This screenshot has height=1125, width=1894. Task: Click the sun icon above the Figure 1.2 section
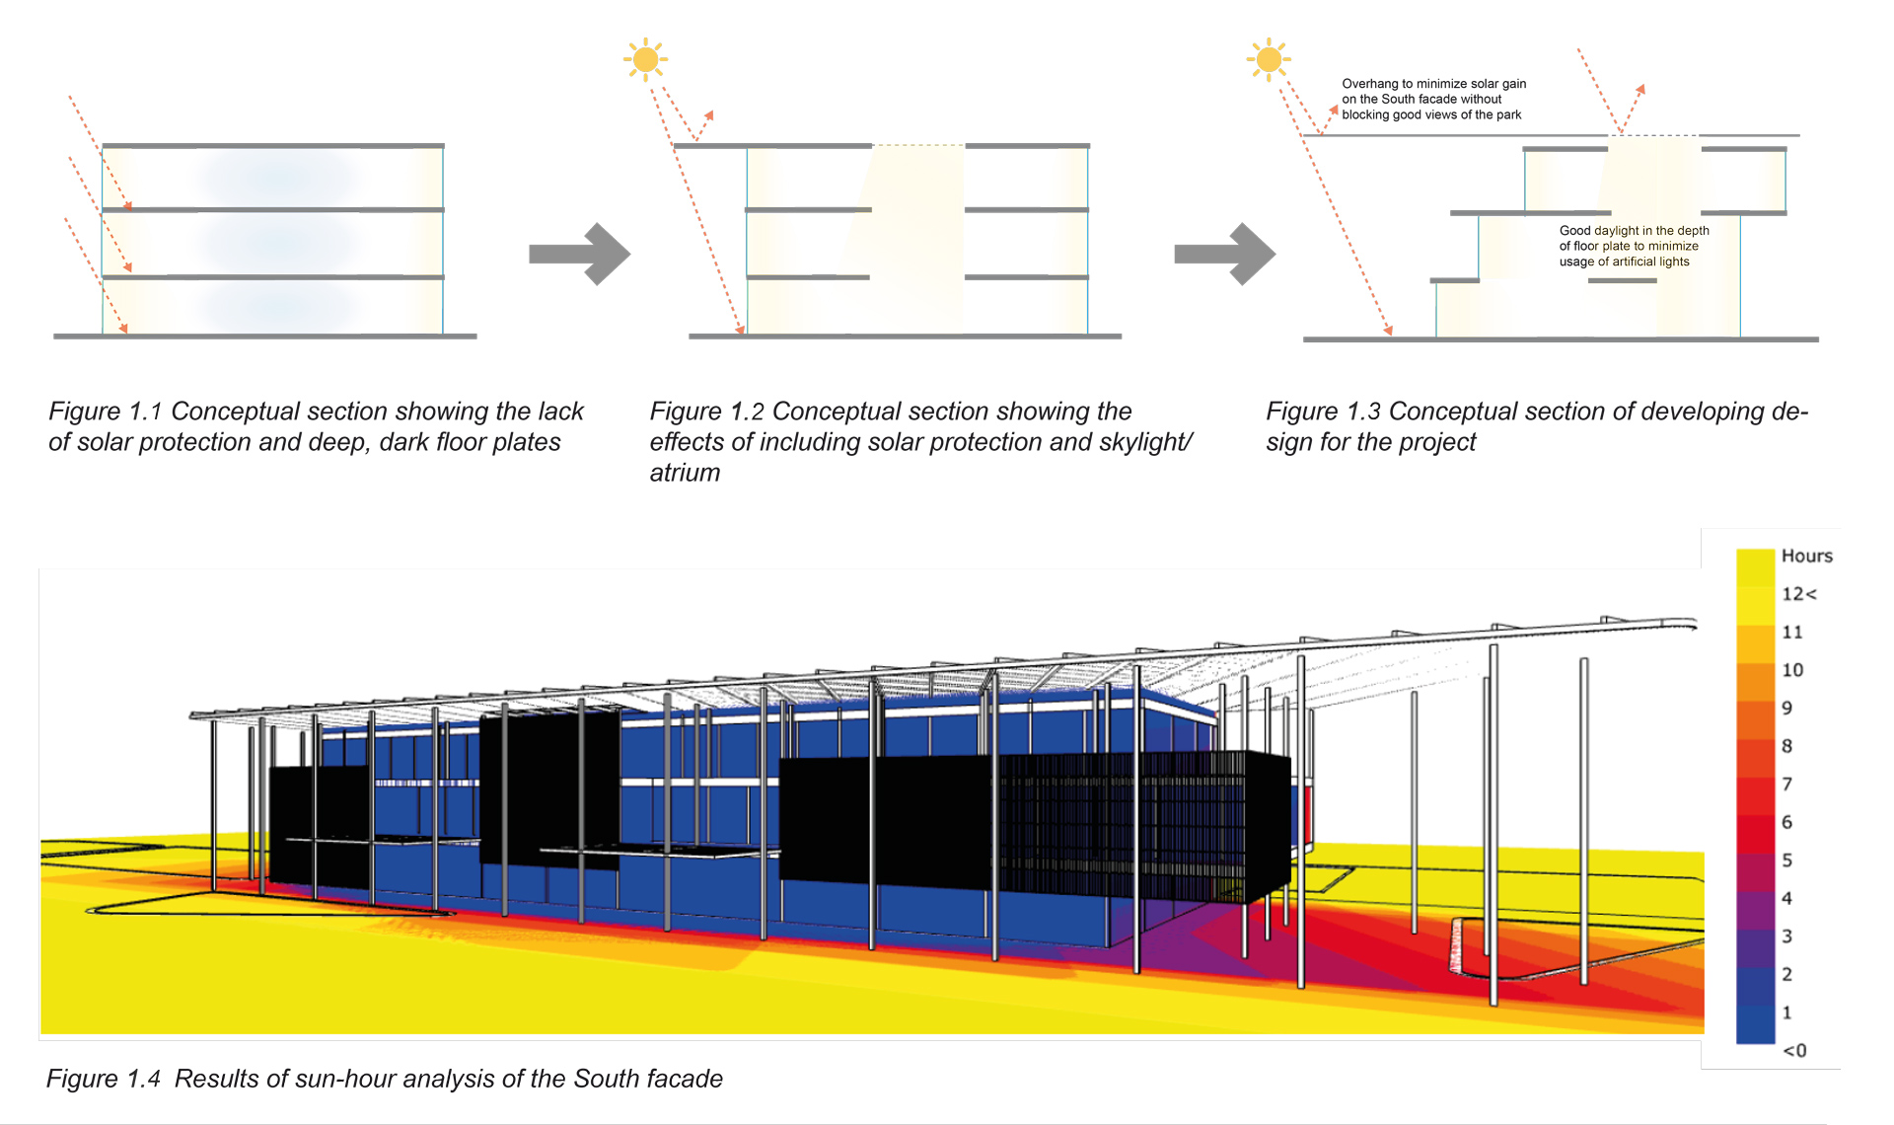(x=645, y=59)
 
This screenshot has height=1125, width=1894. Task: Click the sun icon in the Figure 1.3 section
(x=1269, y=59)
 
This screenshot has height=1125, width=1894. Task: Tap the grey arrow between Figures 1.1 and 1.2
(x=580, y=254)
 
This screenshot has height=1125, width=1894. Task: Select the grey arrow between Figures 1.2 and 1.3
(x=1225, y=254)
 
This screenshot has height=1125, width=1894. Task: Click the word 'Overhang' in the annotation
(x=1369, y=84)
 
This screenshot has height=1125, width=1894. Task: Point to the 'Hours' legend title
(x=1806, y=556)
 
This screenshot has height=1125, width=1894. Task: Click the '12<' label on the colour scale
(x=1798, y=594)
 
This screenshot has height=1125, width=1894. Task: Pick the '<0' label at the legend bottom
(x=1794, y=1051)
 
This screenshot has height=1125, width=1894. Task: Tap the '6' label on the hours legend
(x=1786, y=822)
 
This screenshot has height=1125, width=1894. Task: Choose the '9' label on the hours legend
(x=1786, y=708)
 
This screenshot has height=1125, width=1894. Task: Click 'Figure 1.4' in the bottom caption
(x=104, y=1079)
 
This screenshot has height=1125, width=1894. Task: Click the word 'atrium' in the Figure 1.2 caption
(x=685, y=473)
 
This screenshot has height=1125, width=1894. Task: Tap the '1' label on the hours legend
(x=1786, y=1012)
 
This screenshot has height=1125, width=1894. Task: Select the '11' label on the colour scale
(x=1791, y=632)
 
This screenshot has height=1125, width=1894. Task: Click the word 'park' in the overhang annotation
(x=1508, y=114)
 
